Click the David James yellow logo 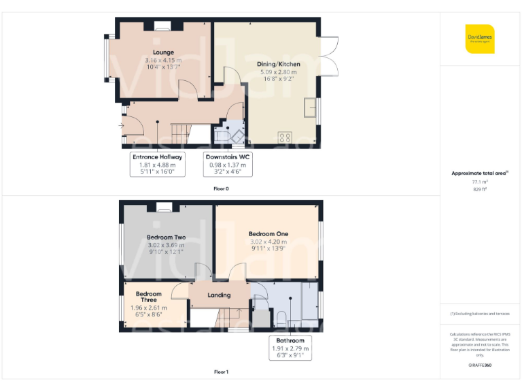click(x=480, y=39)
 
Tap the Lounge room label click(x=163, y=52)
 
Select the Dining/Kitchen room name click(x=279, y=65)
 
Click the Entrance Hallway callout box click(x=158, y=164)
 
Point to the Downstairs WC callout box click(x=228, y=164)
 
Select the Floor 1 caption click(x=221, y=372)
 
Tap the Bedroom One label click(x=268, y=233)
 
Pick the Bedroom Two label click(x=166, y=238)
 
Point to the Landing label click(x=219, y=295)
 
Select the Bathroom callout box click(x=290, y=347)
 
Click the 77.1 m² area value click(x=480, y=182)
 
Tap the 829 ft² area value click(x=480, y=190)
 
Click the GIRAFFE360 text click(x=480, y=365)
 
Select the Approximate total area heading click(x=479, y=174)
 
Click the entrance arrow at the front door click(x=121, y=125)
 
